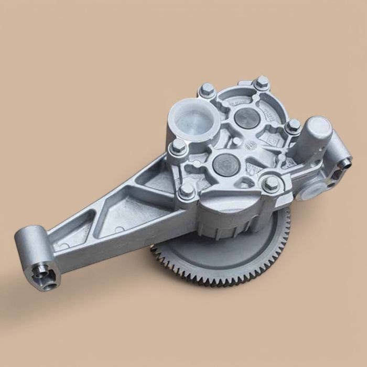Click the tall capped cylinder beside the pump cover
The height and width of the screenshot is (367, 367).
click(x=318, y=131)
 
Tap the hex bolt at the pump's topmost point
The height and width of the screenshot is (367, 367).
click(x=262, y=82)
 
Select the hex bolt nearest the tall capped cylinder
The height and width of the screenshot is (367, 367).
click(x=294, y=126)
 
